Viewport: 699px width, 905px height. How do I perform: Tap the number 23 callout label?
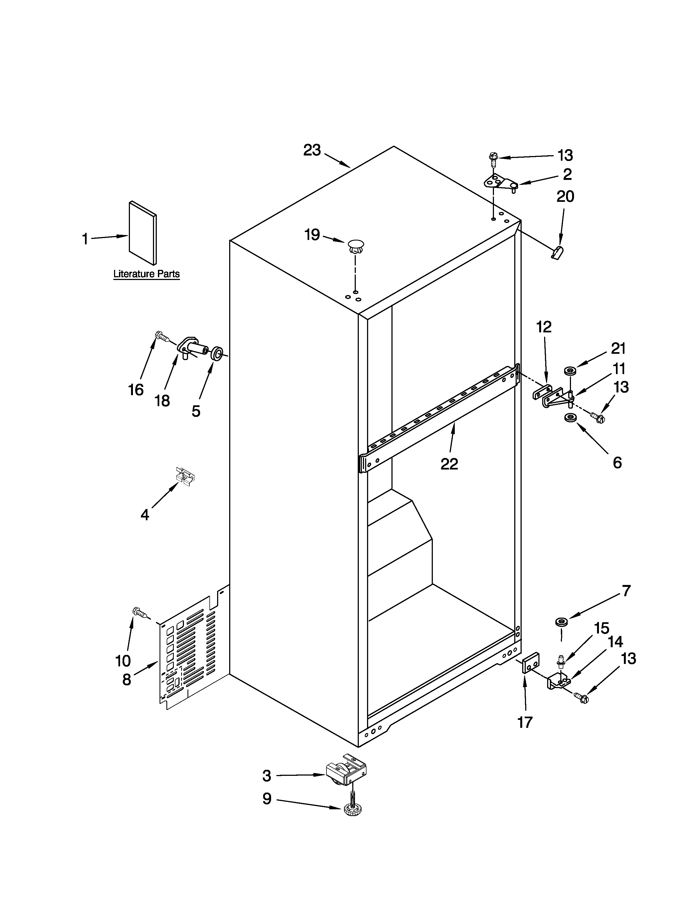tap(312, 150)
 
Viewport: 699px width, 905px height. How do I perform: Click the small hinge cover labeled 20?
tap(558, 251)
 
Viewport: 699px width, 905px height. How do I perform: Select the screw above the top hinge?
tap(493, 159)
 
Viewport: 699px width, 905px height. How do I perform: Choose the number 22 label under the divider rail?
tap(449, 464)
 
